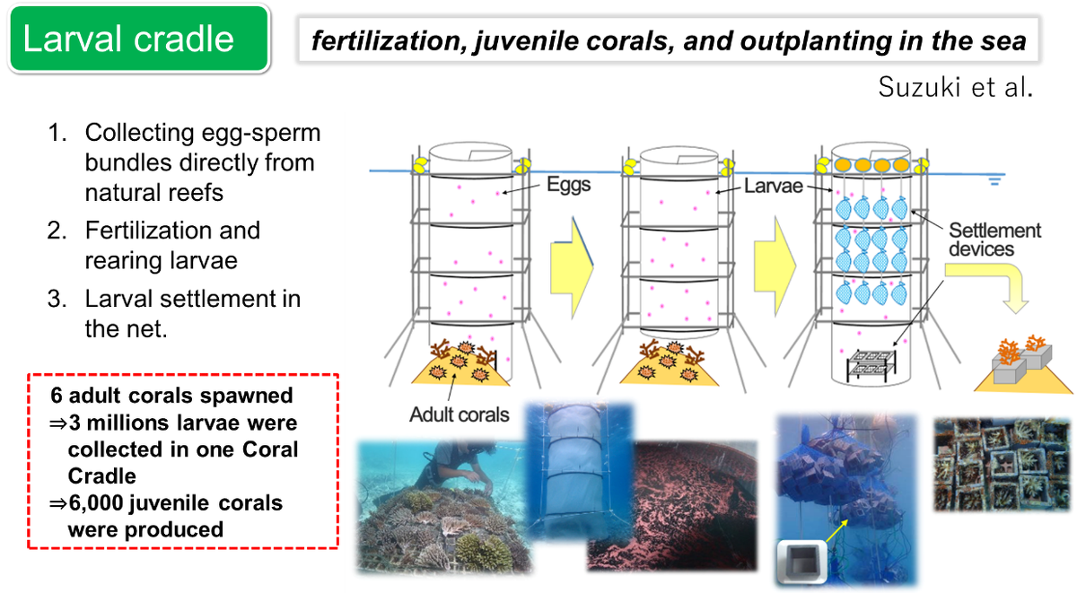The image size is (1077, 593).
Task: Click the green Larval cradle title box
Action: click(x=139, y=39)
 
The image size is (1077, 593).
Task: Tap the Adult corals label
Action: click(x=459, y=414)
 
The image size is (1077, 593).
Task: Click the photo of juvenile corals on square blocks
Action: click(x=1002, y=464)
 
